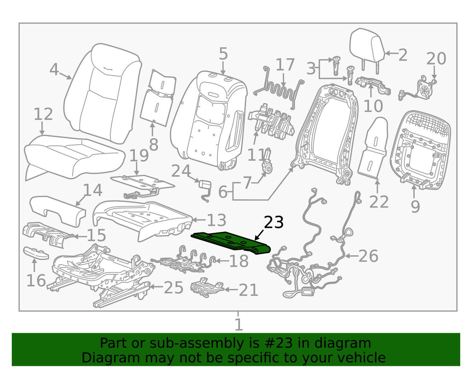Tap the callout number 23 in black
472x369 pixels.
click(x=274, y=223)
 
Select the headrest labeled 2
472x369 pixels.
click(x=367, y=46)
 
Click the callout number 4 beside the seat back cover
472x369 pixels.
click(x=54, y=70)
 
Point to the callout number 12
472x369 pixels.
click(x=43, y=114)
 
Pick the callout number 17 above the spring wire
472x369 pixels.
click(x=285, y=65)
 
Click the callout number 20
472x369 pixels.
click(x=436, y=59)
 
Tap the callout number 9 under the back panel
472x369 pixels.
click(x=415, y=206)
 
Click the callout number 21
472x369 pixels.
click(x=248, y=290)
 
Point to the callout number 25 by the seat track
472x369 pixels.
click(x=173, y=288)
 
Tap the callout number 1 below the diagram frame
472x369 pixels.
click(x=238, y=325)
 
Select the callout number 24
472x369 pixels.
click(x=181, y=171)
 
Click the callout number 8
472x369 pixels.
click(x=153, y=145)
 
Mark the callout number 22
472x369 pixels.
click(x=379, y=202)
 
